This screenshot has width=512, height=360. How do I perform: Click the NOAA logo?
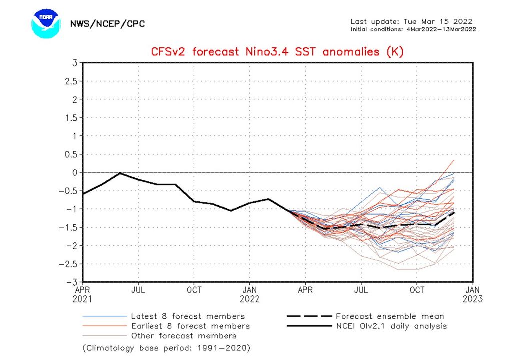(x=46, y=23)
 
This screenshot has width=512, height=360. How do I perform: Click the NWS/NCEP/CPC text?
(x=107, y=24)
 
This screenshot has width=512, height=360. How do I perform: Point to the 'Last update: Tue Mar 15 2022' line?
(x=411, y=21)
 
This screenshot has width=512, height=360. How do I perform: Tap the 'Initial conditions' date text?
(x=413, y=29)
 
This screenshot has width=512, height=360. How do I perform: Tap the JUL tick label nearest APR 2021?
(x=138, y=290)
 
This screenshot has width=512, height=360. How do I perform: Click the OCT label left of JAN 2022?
(x=194, y=290)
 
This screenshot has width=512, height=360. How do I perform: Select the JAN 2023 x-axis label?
(x=473, y=294)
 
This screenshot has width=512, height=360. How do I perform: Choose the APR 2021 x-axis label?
(x=83, y=294)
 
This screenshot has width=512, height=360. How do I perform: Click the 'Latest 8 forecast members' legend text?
(x=188, y=316)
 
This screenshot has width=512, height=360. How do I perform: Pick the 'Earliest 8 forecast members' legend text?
(x=190, y=326)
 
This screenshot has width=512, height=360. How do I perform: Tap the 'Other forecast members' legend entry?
(x=184, y=336)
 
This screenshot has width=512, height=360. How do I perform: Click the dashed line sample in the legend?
(x=309, y=316)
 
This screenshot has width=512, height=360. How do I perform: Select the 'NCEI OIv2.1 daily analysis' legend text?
(x=391, y=326)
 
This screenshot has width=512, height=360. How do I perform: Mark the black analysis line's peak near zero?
(x=120, y=173)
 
